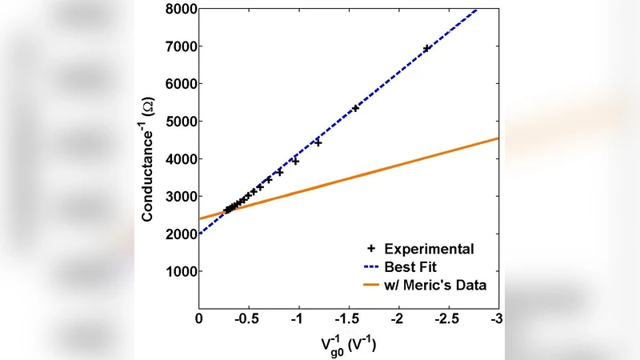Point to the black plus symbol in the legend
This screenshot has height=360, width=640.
(x=371, y=249)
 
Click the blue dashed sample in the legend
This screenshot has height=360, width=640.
(x=371, y=267)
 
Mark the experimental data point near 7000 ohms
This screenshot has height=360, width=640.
(x=426, y=48)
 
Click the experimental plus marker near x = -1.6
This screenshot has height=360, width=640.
(x=355, y=107)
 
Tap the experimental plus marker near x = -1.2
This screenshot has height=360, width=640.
(x=318, y=142)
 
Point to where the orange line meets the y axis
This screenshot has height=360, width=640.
(x=199, y=218)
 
